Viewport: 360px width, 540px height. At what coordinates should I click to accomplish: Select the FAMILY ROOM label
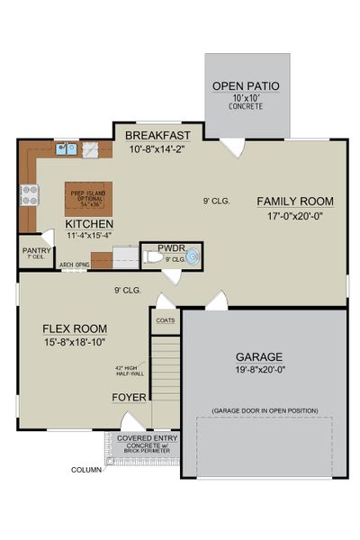294,201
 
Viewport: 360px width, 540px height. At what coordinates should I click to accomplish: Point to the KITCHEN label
88,223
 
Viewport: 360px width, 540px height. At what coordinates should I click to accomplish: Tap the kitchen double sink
66,149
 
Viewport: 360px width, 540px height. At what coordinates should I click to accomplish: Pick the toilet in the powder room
154,258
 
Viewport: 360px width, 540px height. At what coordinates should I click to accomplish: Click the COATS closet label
165,319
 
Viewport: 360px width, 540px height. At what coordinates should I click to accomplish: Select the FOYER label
129,397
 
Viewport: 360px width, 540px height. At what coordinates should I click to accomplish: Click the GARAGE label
259,355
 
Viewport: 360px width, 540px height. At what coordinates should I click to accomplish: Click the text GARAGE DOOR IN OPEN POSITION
265,410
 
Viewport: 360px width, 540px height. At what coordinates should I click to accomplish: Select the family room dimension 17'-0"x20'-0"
294,216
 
